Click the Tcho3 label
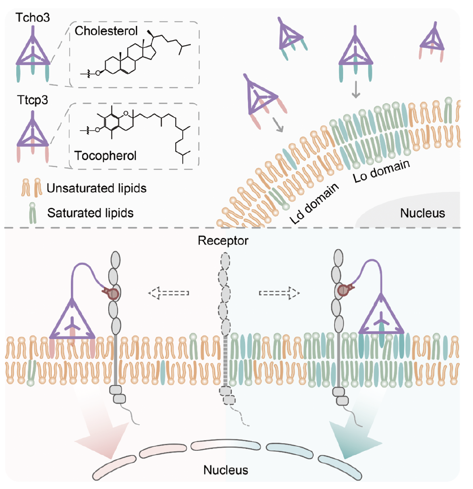coord(33,17)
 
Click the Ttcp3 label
coord(33,100)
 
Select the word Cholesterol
coord(106,31)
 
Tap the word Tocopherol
coord(105,155)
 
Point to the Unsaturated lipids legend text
coord(97,188)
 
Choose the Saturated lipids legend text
coord(90,213)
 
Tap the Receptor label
coord(223,241)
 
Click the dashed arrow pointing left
coord(169,293)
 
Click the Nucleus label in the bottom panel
coord(226,470)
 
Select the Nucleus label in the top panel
coord(423,213)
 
